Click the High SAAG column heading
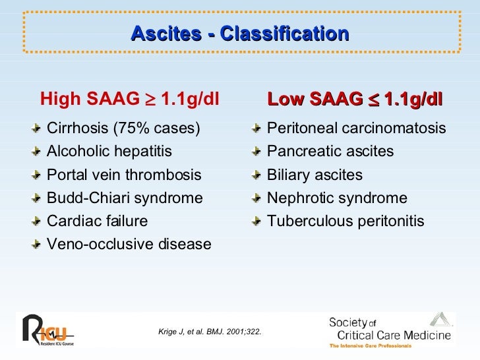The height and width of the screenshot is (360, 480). click(129, 100)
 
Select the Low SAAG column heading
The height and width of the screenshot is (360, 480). click(355, 100)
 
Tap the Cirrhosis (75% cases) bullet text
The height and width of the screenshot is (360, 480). click(124, 128)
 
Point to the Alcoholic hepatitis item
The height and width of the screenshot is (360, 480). click(109, 152)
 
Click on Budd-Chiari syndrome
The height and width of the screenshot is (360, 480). click(125, 198)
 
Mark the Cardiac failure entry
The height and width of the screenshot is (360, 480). click(98, 222)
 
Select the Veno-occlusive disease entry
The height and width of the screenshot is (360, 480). click(129, 245)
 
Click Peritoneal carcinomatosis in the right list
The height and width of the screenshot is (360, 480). click(356, 128)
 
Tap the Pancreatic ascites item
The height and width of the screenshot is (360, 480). click(330, 152)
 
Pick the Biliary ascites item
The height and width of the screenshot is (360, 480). click(315, 175)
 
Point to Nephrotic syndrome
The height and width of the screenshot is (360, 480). click(337, 198)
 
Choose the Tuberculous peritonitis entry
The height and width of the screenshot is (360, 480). click(345, 222)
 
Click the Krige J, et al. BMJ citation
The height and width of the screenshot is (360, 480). click(210, 331)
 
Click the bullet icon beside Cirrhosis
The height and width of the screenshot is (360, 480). click(39, 129)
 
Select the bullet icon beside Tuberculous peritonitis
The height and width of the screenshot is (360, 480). click(258, 222)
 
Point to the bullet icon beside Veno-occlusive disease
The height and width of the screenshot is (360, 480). click(39, 245)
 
